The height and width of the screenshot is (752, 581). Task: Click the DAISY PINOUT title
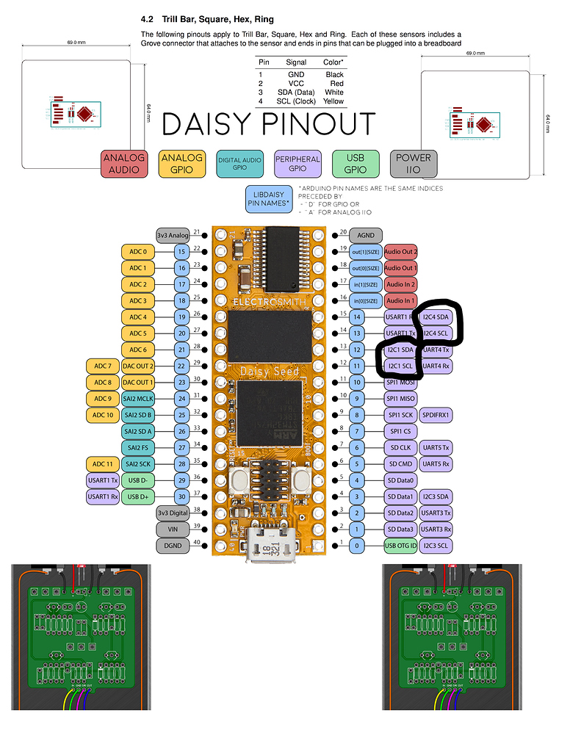tap(268, 124)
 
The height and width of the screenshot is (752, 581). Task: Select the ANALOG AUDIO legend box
tap(124, 164)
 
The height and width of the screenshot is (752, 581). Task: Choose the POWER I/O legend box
tap(414, 164)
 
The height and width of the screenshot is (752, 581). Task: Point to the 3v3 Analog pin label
tap(172, 236)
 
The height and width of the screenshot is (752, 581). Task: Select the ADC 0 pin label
tap(138, 252)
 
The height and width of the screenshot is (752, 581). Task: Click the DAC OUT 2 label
tap(138, 366)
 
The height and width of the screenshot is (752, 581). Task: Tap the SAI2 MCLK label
tap(138, 399)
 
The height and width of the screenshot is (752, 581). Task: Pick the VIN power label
tap(172, 529)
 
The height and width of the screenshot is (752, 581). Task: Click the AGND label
tap(366, 236)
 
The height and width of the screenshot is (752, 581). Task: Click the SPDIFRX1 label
tap(437, 415)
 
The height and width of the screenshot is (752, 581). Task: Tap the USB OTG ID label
tap(400, 546)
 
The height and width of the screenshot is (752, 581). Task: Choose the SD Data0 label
tap(400, 480)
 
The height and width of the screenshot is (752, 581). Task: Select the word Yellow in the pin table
tap(333, 101)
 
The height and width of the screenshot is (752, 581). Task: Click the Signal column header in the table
tap(296, 62)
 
